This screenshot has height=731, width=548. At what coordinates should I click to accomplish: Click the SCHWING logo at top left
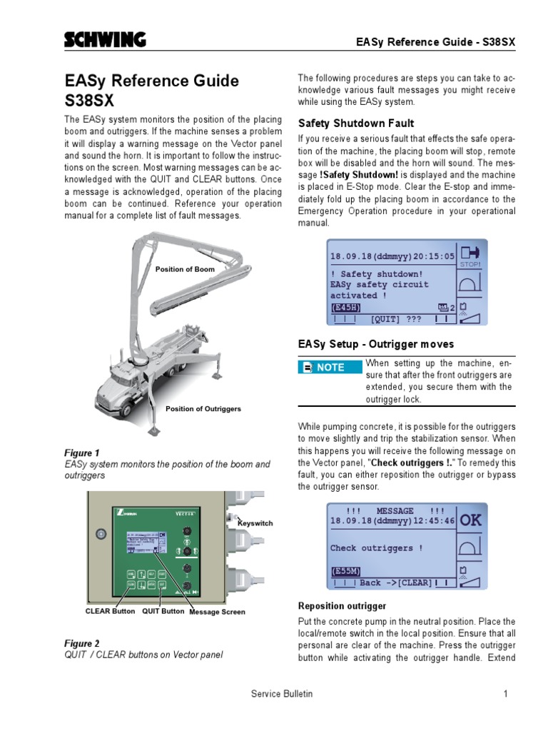tap(105, 41)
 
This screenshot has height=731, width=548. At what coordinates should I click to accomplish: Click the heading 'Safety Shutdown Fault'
tap(355, 123)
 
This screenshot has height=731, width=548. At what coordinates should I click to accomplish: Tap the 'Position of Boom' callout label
tap(185, 269)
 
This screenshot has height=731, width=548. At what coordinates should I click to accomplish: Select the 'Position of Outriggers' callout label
tap(203, 409)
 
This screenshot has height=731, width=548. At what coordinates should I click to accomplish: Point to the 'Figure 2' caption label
tap(82, 643)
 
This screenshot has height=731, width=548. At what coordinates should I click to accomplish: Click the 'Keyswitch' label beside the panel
tap(255, 523)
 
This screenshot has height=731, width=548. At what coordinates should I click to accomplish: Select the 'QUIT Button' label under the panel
tap(163, 611)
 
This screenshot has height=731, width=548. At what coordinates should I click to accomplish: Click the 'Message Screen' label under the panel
tap(217, 612)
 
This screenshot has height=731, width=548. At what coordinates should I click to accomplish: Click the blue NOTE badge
tap(329, 367)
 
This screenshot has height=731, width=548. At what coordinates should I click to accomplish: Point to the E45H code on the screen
tap(345, 307)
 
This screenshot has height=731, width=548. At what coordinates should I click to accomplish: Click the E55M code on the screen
tap(345, 571)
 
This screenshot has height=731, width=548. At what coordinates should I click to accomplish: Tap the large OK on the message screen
tap(470, 520)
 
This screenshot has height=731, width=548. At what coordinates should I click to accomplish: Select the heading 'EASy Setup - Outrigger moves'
tap(375, 344)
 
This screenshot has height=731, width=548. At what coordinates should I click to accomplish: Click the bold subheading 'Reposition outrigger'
tap(342, 606)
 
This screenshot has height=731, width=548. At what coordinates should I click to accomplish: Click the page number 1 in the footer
tap(504, 693)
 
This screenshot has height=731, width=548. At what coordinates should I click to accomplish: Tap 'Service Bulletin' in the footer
tap(282, 693)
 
